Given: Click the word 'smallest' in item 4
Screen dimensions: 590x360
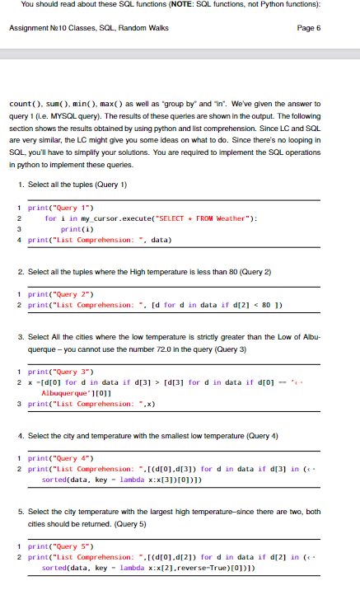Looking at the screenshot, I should (154, 433).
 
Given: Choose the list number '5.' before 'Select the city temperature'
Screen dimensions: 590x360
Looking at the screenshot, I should (21, 513).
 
